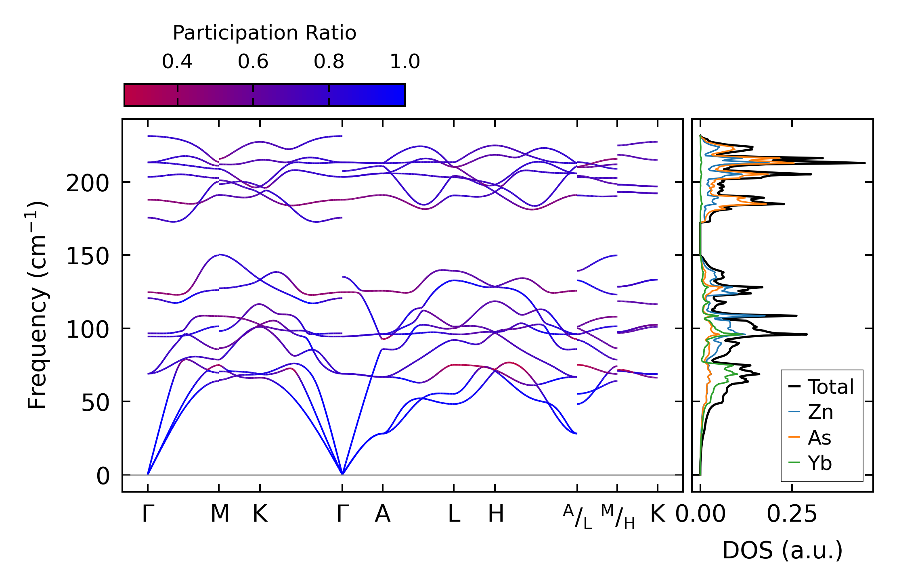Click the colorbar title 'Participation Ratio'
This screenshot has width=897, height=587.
[x=264, y=33]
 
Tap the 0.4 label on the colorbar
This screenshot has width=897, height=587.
[x=177, y=62]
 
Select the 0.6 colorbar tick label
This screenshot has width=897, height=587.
[x=253, y=62]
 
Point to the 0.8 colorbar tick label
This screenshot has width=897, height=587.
[x=329, y=62]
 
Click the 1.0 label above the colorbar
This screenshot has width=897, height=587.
[x=405, y=62]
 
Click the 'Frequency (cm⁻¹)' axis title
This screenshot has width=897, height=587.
[x=37, y=305]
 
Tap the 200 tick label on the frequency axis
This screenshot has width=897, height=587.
[x=88, y=184]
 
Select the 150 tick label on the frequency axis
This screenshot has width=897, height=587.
[x=88, y=257]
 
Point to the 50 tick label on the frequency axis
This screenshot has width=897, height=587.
[x=95, y=403]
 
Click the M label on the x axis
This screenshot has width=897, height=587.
[x=220, y=514]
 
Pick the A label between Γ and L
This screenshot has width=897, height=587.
[x=383, y=514]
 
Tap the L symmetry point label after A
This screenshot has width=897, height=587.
[x=454, y=514]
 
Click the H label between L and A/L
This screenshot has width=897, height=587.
[x=496, y=514]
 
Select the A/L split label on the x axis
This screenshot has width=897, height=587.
[x=578, y=516]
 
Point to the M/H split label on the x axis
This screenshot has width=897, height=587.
[x=618, y=516]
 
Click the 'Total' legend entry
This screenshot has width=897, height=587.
[x=821, y=386]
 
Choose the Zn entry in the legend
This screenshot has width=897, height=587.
[x=811, y=412]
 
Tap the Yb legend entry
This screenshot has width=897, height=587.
[x=810, y=463]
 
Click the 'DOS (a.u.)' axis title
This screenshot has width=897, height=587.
[x=782, y=550]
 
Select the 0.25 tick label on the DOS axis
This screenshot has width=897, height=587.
[x=792, y=514]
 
